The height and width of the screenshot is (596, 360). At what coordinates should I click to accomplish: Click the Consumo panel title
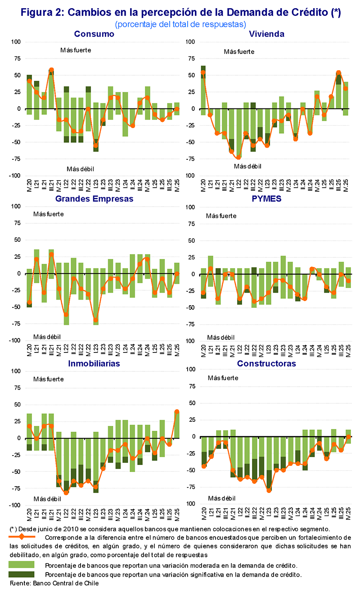tap(94, 34)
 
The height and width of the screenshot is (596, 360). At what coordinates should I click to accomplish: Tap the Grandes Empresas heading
tap(94, 199)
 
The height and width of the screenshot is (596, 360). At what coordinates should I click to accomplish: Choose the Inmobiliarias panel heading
tap(94, 363)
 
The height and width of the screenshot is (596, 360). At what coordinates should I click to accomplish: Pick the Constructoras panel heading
tap(266, 363)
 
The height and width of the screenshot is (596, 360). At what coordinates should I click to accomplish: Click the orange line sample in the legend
tap(22, 537)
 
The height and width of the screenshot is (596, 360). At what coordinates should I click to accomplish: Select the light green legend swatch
tap(22, 564)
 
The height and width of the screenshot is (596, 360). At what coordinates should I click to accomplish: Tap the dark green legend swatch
tap(22, 574)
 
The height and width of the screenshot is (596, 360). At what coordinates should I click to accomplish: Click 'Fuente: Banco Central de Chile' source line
tap(54, 583)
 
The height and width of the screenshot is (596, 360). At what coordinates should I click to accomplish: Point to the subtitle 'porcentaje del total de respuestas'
tap(180, 23)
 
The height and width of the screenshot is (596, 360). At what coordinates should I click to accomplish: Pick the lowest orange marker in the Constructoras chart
tap(269, 490)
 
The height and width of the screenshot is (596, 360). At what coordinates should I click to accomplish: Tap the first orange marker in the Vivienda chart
tap(203, 72)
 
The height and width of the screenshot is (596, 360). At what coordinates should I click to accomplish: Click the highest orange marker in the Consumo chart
tap(51, 70)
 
